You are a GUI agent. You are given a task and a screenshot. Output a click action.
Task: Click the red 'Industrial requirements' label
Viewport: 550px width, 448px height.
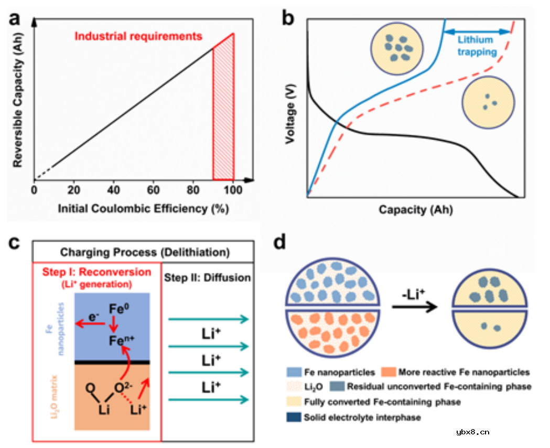(138, 37)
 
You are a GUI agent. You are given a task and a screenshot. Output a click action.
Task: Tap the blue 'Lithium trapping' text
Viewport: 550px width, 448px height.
(476, 46)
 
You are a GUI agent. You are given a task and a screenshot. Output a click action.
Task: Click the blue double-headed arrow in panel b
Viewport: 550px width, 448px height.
(477, 32)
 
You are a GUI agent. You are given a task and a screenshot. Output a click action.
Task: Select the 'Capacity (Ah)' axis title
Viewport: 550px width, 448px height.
(416, 210)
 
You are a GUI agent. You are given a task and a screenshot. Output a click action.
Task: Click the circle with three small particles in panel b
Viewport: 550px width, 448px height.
(488, 102)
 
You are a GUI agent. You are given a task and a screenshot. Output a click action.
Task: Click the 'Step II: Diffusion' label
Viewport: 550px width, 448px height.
(208, 278)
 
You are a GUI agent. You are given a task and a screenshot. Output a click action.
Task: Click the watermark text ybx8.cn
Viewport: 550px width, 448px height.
(473, 432)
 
